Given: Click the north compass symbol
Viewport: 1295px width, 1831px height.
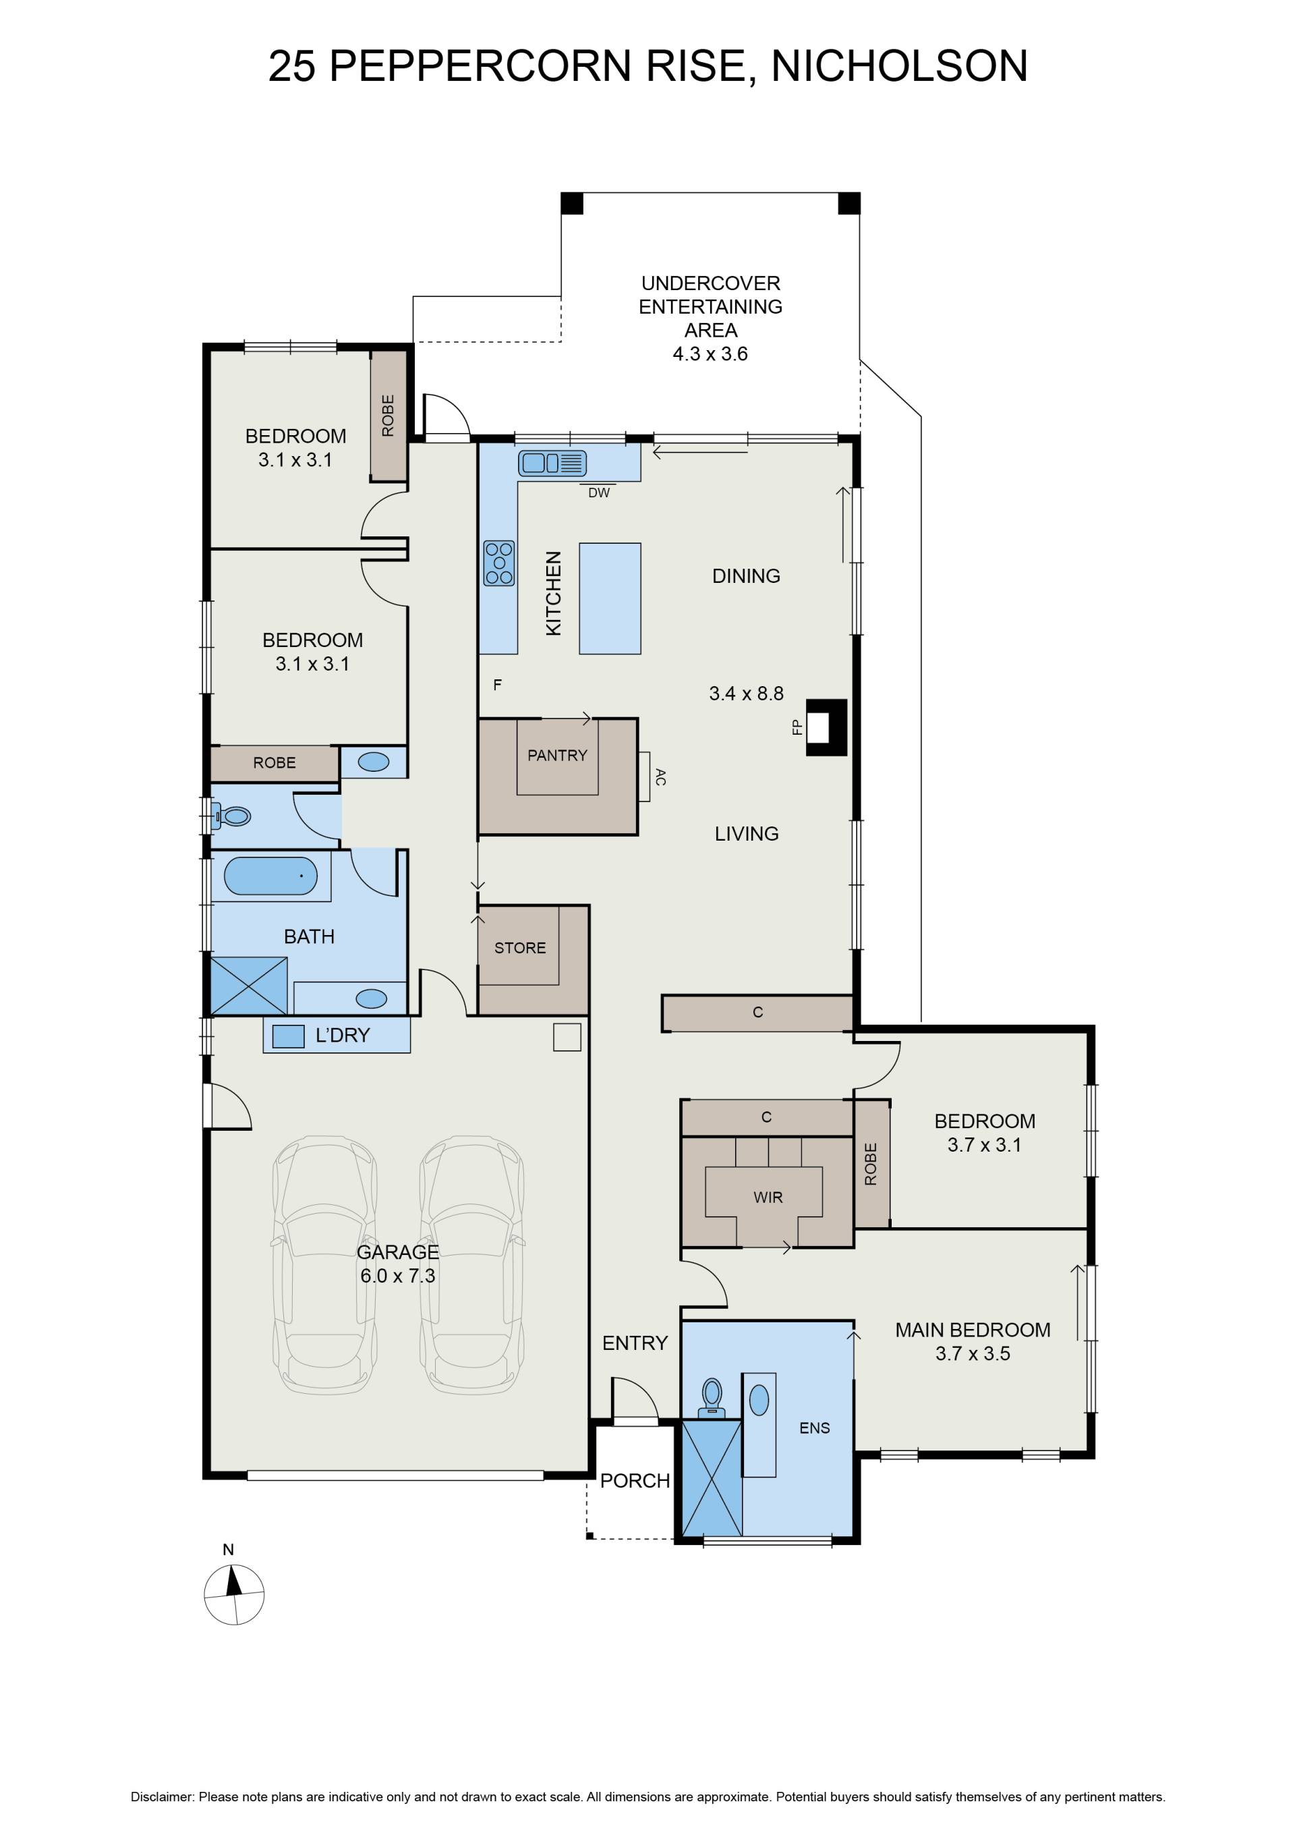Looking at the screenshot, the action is [233, 1595].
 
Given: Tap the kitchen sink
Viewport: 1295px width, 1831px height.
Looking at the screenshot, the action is [552, 463].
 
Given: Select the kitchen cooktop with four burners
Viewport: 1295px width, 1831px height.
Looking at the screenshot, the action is [499, 563].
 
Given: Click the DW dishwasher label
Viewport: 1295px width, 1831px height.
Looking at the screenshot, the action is [599, 493].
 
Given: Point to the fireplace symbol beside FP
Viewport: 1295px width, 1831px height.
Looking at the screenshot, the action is [827, 727].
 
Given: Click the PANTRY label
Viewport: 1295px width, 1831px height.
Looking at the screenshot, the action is [557, 754].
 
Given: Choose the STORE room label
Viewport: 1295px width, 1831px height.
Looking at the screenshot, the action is [520, 947].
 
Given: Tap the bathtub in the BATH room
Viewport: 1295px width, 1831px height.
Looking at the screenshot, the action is [270, 876].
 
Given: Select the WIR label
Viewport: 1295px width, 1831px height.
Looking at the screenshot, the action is [768, 1197].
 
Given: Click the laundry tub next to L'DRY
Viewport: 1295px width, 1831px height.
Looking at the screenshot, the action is [288, 1036].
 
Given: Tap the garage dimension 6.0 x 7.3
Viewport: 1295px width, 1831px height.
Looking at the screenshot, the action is [397, 1275].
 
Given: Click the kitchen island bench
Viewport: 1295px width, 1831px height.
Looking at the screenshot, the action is [610, 598].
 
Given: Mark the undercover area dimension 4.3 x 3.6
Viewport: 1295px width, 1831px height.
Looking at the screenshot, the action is [710, 354].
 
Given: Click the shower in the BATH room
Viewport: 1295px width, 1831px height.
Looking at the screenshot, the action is [249, 986].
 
